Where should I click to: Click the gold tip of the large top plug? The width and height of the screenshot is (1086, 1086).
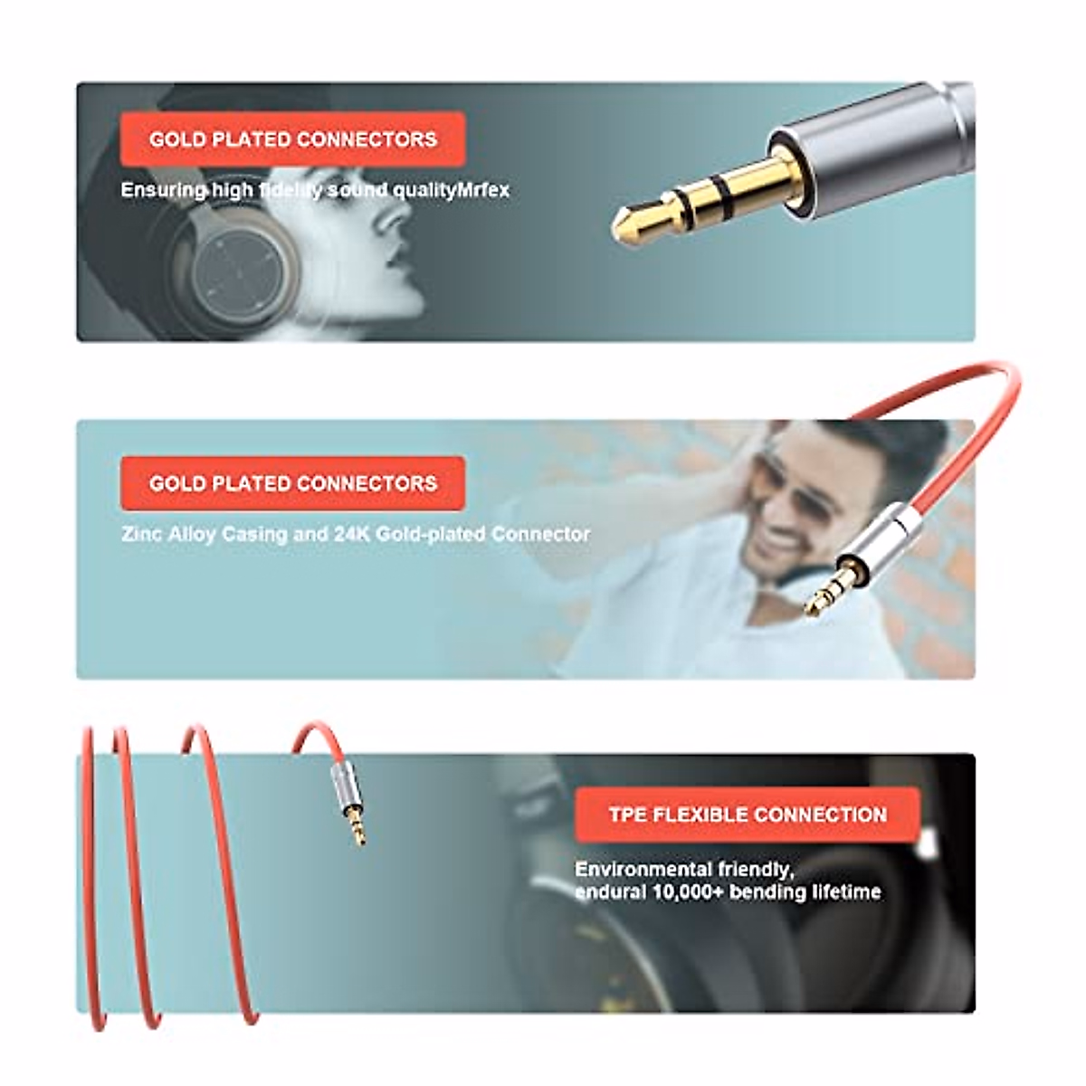pos(633,221)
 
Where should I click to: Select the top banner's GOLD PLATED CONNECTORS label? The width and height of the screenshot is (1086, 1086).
pos(293,139)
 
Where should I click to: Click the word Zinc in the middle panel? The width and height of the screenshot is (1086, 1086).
pos(141,534)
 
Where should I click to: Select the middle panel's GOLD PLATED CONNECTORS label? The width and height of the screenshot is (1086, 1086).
pos(293,483)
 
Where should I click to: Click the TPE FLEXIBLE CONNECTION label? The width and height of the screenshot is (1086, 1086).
pos(748,814)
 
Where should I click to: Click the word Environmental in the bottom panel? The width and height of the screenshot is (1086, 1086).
pos(643,869)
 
